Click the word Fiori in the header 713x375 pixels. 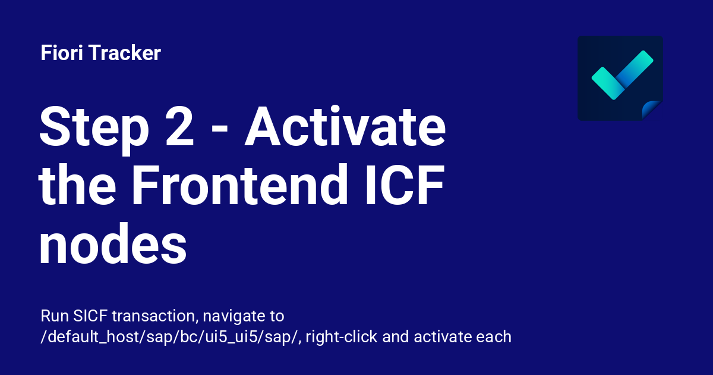tap(62, 52)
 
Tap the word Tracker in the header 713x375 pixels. tap(125, 52)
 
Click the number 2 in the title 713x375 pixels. tap(179, 127)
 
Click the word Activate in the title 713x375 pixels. tap(345, 126)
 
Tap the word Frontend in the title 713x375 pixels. tap(239, 185)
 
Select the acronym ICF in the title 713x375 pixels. tap(405, 185)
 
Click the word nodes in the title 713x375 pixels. tap(113, 243)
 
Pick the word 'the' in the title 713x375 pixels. tap(77, 185)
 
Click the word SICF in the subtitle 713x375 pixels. tap(90, 316)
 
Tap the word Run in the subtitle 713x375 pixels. tap(55, 316)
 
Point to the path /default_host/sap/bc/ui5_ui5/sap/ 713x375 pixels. tap(171, 337)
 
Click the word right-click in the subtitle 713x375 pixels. tap(342, 337)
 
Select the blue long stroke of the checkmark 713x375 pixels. tap(634, 70)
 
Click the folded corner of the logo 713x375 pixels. tap(651, 110)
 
